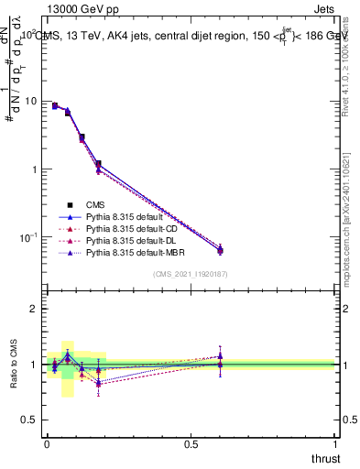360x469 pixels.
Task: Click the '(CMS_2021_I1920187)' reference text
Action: point(191,274)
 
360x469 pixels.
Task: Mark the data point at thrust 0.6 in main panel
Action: point(220,249)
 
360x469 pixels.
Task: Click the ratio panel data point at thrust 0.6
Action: point(220,364)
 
